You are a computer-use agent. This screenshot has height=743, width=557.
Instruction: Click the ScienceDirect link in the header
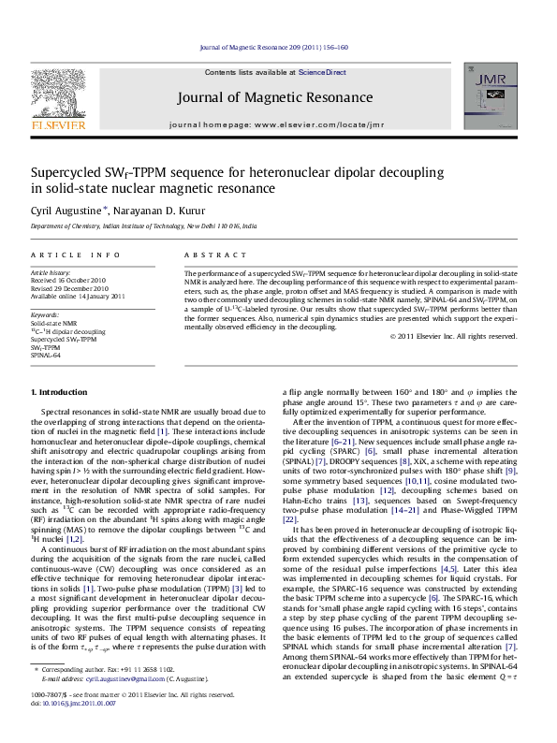[325, 72]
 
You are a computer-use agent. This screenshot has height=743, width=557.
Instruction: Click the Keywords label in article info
[44, 317]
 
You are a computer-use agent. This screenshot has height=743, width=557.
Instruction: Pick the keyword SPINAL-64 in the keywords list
[46, 356]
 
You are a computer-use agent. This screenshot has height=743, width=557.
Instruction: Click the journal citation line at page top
[278, 46]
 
